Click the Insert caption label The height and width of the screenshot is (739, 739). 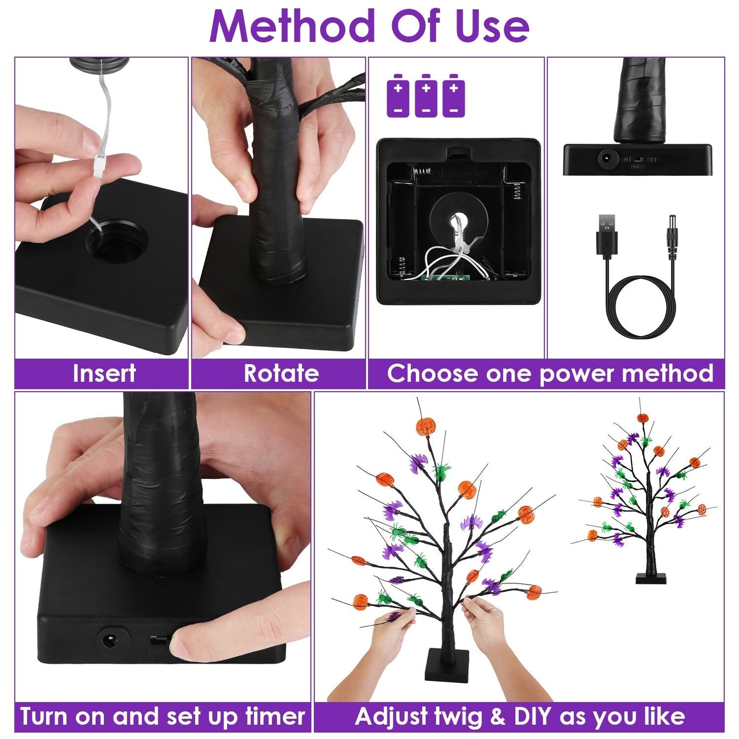[x=104, y=373]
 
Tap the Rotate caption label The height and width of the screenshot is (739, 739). [x=281, y=373]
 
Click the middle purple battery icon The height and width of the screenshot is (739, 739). [x=426, y=96]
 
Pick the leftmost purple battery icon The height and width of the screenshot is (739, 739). [x=398, y=96]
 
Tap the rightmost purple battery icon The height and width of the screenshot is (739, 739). [x=454, y=96]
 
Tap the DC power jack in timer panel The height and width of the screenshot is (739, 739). [x=108, y=640]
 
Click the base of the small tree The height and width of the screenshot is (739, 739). [x=651, y=578]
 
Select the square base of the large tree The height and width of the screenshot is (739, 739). [x=446, y=665]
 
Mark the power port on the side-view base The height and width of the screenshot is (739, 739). [x=607, y=159]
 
